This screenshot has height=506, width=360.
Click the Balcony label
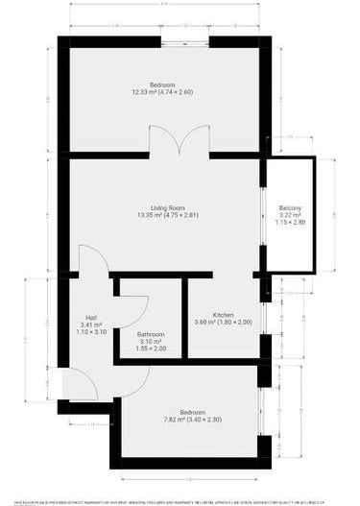point(290,208)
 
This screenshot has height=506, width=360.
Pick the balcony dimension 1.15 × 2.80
point(290,223)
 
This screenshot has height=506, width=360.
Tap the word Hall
point(91,318)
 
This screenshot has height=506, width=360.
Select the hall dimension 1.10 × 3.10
point(91,332)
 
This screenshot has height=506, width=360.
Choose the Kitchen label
point(223,315)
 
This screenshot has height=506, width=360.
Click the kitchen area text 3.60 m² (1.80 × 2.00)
point(223,323)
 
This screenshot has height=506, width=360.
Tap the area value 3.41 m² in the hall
point(91,325)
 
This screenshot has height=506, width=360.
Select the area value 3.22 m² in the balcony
point(290,216)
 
